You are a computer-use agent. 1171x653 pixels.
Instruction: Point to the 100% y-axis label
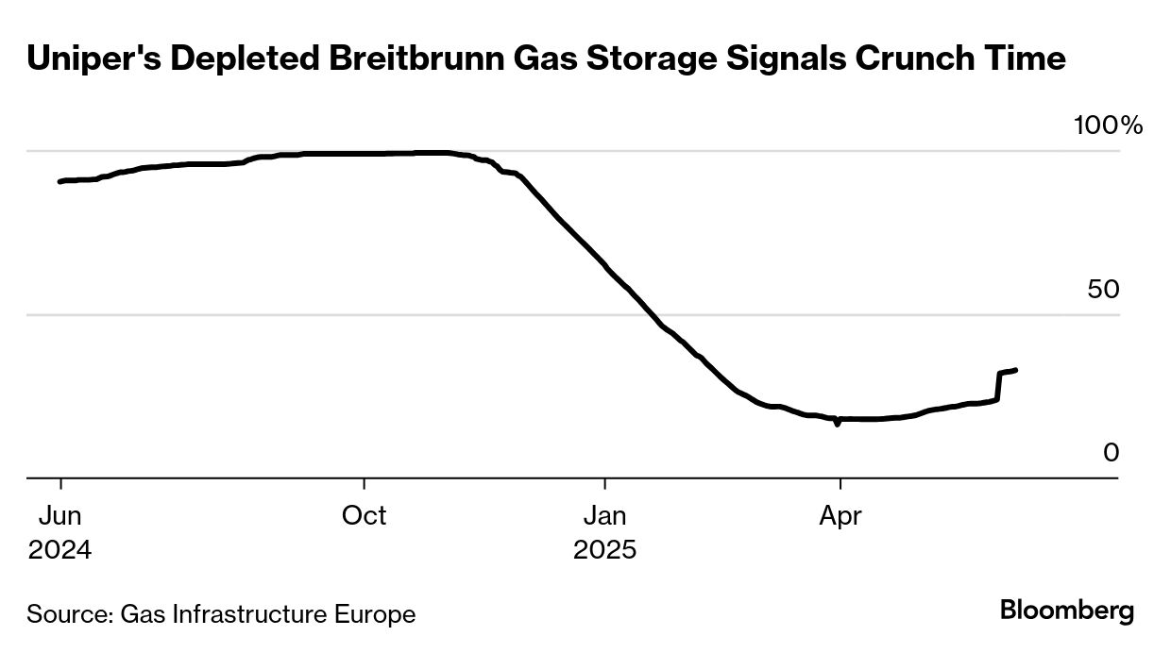coord(1108,126)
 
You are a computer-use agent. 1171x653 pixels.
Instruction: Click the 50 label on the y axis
coord(1103,290)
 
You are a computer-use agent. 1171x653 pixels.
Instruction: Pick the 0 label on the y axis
coord(1111,453)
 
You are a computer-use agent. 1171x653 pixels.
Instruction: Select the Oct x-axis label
coord(364,516)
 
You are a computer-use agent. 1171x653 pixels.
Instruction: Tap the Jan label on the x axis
coord(604,516)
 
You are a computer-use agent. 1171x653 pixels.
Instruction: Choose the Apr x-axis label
coord(840,516)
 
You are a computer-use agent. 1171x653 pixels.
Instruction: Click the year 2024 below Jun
coord(59,549)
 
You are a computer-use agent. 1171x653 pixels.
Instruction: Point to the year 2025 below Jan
coord(604,549)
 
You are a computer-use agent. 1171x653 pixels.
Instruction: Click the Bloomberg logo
coord(1067,611)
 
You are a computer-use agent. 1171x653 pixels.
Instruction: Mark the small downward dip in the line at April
coord(837,424)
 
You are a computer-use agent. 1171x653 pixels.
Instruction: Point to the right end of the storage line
coord(1015,370)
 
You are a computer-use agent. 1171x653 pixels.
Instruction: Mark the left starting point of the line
coord(59,181)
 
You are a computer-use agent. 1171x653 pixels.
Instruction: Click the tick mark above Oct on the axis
coord(364,484)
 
